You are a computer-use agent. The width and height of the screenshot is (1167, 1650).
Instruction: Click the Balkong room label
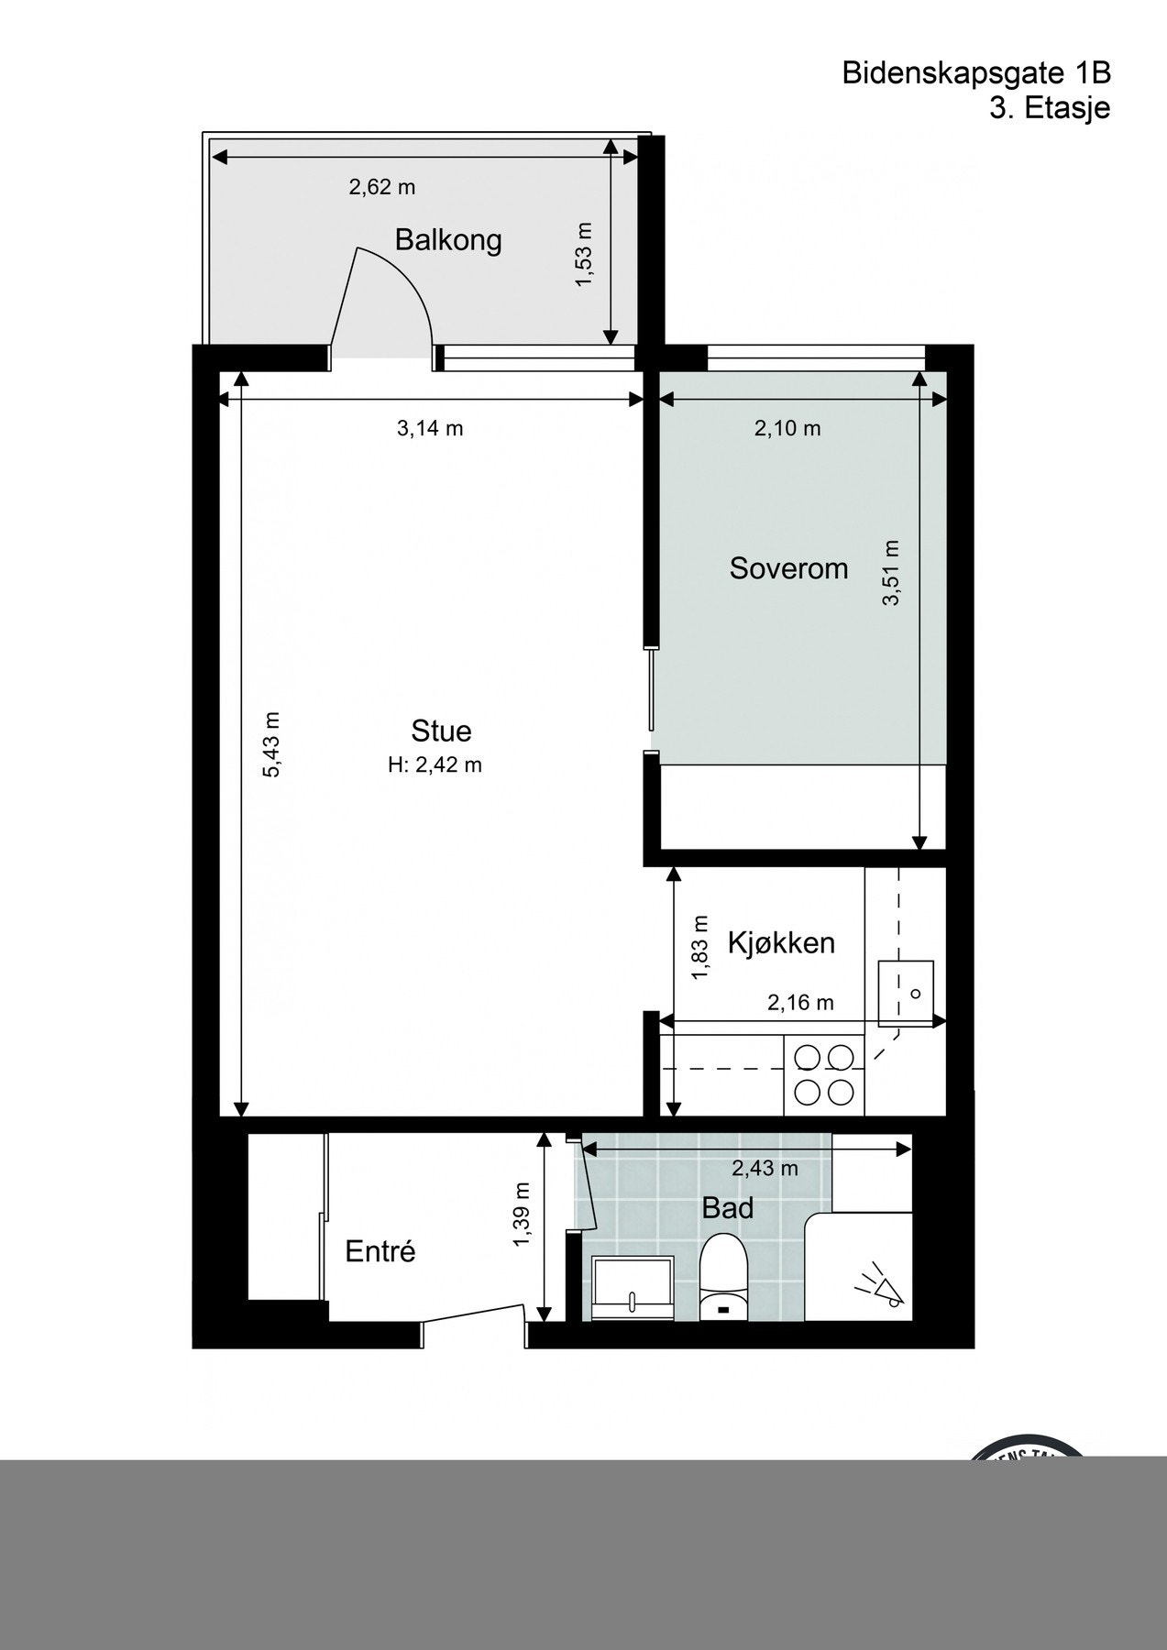tap(447, 240)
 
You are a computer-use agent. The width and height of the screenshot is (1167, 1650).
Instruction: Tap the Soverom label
tap(788, 568)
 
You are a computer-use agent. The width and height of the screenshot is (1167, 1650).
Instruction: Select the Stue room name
tap(441, 731)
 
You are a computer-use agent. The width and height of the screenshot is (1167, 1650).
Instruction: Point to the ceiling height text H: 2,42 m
tap(435, 764)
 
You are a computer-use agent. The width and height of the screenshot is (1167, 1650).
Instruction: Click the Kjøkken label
tap(781, 942)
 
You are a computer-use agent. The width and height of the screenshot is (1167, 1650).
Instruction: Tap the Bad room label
tap(727, 1208)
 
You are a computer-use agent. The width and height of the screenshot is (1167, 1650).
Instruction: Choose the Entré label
tap(380, 1251)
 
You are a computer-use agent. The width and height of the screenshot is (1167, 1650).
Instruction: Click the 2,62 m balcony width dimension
tap(381, 187)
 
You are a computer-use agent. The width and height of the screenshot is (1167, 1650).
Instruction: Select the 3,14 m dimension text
tap(429, 428)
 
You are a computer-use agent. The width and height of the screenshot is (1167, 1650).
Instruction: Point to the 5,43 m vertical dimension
tap(272, 744)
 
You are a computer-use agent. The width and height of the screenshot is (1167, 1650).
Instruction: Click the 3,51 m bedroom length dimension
tap(891, 573)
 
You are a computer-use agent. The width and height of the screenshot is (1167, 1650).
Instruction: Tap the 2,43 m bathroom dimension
tap(765, 1168)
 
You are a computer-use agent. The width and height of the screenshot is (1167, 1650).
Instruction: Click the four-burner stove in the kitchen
tap(824, 1075)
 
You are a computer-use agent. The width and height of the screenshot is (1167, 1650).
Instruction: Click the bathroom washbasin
tap(633, 1288)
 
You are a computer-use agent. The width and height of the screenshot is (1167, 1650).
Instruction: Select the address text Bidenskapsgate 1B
tap(975, 73)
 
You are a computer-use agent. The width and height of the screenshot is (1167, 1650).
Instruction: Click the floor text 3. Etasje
tap(1049, 108)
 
